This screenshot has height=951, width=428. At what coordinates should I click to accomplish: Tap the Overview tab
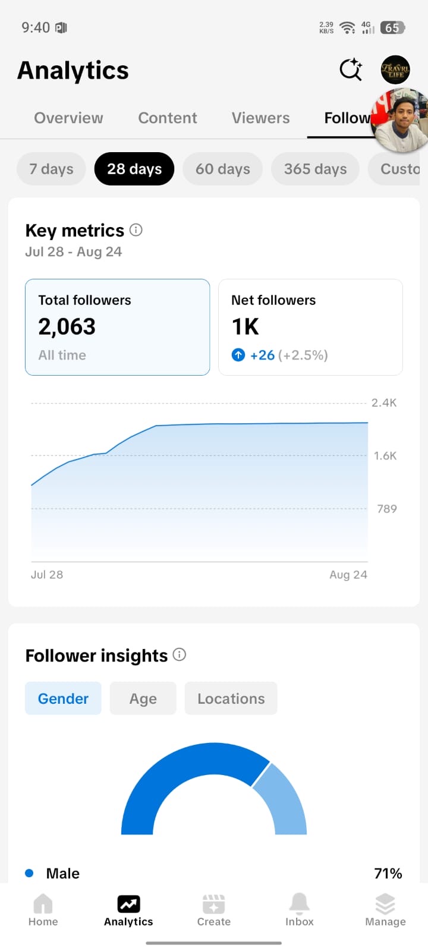pyautogui.click(x=68, y=118)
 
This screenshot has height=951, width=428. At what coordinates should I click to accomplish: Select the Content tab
pyautogui.click(x=167, y=118)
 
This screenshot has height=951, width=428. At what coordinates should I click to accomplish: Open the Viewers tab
pyautogui.click(x=260, y=118)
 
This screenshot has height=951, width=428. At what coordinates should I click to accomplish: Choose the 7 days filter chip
pyautogui.click(x=51, y=169)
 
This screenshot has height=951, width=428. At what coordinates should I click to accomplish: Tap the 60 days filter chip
pyautogui.click(x=222, y=169)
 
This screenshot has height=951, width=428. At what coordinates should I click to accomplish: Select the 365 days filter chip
pyautogui.click(x=315, y=169)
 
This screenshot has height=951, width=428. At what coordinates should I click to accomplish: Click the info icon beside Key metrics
pyautogui.click(x=136, y=230)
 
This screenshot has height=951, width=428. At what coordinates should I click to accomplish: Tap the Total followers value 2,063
pyautogui.click(x=67, y=326)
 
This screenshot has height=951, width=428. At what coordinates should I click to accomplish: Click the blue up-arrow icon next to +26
pyautogui.click(x=238, y=354)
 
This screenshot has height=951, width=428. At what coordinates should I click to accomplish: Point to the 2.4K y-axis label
pyautogui.click(x=384, y=402)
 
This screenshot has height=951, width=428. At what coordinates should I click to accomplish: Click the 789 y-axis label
pyautogui.click(x=387, y=509)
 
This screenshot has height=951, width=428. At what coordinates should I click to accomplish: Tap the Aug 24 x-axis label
pyautogui.click(x=348, y=574)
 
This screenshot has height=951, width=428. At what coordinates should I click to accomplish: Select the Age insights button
pyautogui.click(x=143, y=698)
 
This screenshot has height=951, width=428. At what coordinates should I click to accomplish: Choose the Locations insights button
pyautogui.click(x=231, y=698)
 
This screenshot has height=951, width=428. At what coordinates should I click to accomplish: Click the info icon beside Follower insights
pyautogui.click(x=180, y=654)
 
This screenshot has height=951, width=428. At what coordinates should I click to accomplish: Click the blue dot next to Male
pyautogui.click(x=29, y=873)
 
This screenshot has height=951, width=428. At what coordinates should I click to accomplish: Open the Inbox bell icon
pyautogui.click(x=300, y=903)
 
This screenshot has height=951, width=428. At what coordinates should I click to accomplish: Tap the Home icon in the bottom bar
pyautogui.click(x=43, y=903)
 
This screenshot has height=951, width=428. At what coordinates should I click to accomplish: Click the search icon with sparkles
pyautogui.click(x=351, y=69)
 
